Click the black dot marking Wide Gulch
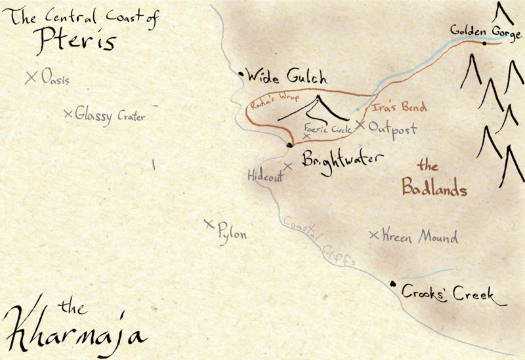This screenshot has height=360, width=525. click(x=241, y=76)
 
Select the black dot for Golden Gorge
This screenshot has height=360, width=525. click(x=484, y=43)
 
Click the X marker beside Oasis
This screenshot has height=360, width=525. click(x=30, y=77)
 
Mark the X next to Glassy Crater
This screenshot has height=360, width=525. click(x=68, y=114)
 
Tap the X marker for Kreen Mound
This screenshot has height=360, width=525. click(x=373, y=235)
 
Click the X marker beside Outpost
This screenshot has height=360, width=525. click(x=360, y=124)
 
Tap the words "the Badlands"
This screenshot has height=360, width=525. click(x=433, y=180)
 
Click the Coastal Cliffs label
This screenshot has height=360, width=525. click(x=320, y=241)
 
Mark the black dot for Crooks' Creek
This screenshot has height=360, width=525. click(x=392, y=283)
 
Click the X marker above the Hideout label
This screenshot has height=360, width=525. click(x=287, y=166)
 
